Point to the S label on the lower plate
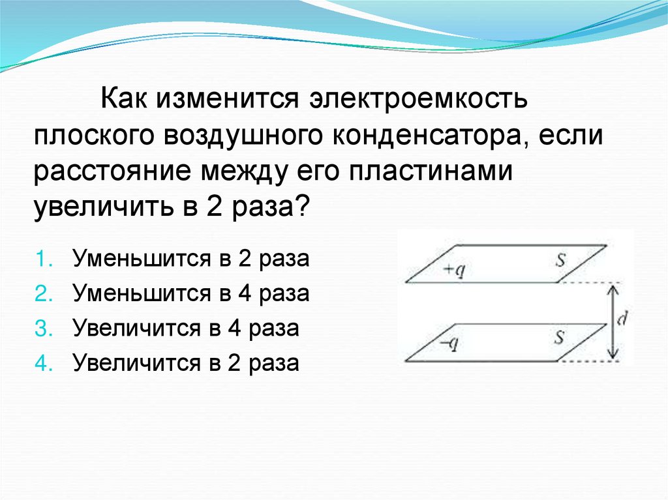tap(559, 337)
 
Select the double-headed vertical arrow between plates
tap(611, 321)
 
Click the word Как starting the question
tap(123, 102)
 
